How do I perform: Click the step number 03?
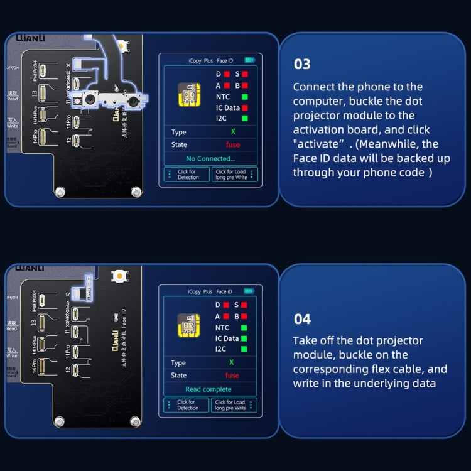click(x=302, y=64)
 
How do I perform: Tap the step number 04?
click(x=302, y=319)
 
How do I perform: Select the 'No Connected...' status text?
click(x=210, y=158)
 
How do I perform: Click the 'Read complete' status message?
click(x=208, y=389)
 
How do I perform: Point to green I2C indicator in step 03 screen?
click(x=244, y=118)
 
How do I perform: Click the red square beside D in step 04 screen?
click(x=227, y=305)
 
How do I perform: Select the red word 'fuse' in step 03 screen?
click(x=232, y=144)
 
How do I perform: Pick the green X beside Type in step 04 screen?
click(x=231, y=362)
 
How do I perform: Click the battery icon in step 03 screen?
click(x=251, y=60)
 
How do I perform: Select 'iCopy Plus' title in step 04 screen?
click(x=200, y=291)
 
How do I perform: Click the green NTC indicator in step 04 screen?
click(x=244, y=327)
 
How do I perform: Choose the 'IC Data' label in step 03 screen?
click(x=227, y=107)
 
